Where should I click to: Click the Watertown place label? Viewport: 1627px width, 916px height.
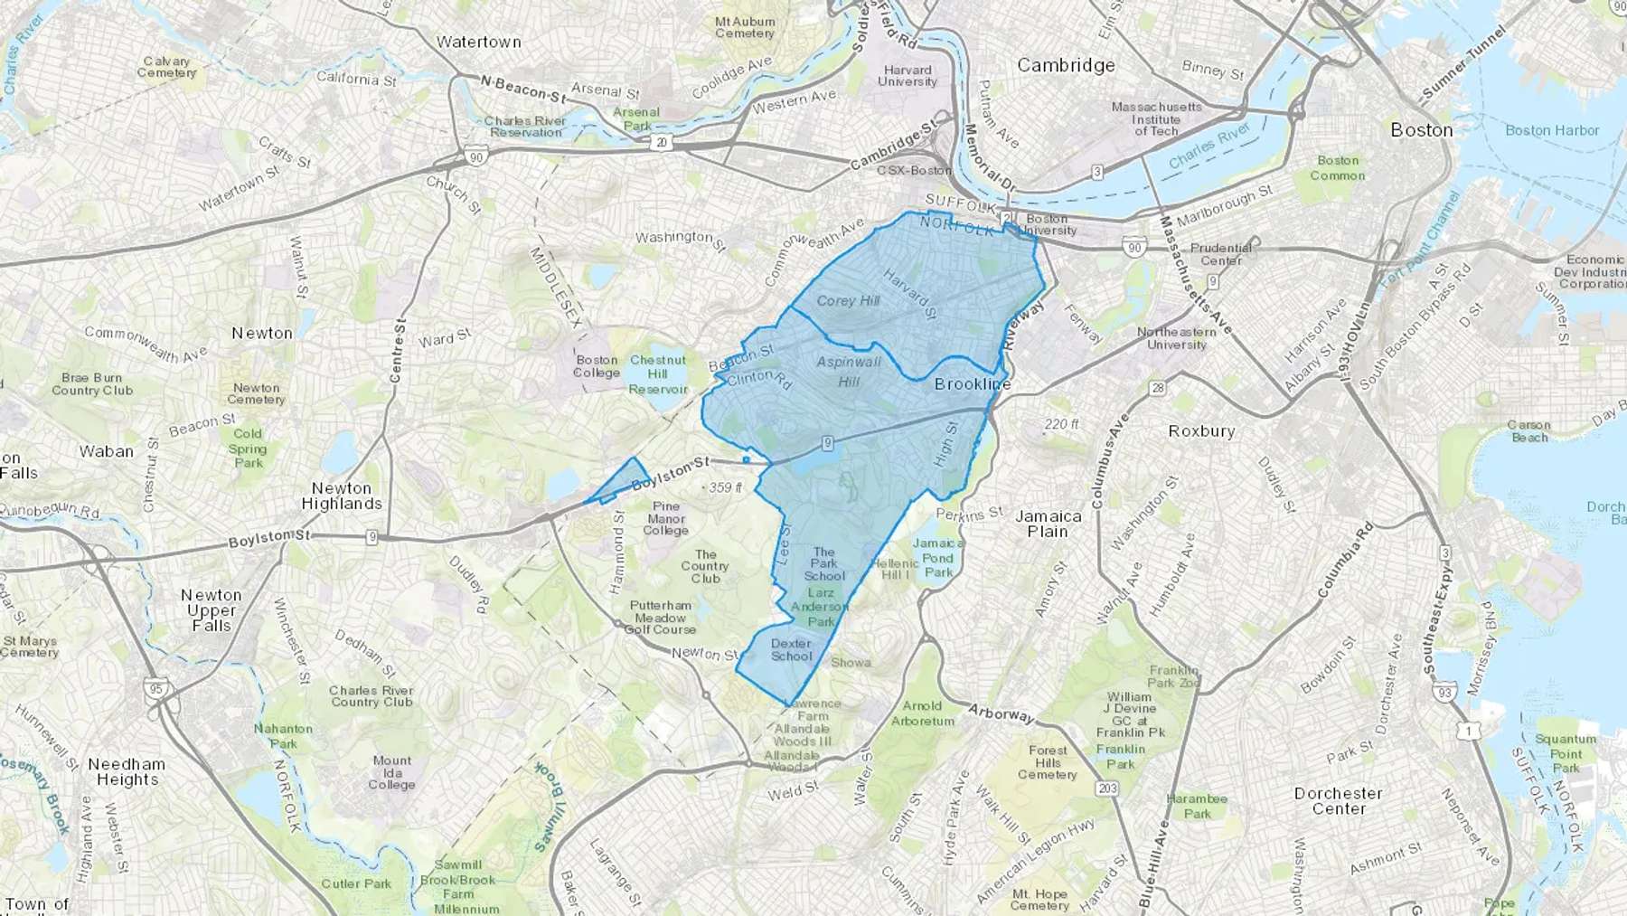coord(478,42)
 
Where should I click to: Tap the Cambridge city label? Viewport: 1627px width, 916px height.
coord(1066,65)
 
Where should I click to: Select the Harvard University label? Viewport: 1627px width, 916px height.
coord(908,76)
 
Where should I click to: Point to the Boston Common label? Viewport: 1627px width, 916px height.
coord(1338,168)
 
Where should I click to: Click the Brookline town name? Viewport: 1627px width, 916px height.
coord(973,384)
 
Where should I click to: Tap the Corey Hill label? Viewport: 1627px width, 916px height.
coord(847,301)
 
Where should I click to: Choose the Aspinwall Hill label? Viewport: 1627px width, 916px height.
coord(848,372)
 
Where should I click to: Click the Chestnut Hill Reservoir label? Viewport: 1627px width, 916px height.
coord(658,374)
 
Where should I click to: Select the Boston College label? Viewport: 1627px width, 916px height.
coord(597,366)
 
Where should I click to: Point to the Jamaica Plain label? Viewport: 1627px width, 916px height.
coord(1048,524)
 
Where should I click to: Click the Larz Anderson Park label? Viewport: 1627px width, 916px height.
coord(821,608)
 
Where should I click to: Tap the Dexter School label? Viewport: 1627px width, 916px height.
coord(791,650)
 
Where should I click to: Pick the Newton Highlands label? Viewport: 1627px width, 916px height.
coord(342,496)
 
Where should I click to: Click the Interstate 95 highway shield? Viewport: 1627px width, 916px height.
coord(156,689)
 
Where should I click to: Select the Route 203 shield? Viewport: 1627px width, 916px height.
coord(1107,789)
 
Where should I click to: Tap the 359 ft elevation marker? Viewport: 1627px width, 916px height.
coord(725,487)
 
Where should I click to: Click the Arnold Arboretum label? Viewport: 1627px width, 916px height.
coord(922,713)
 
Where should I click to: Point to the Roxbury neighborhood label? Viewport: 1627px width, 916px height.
coord(1201,431)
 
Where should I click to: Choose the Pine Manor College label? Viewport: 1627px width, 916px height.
coord(666,519)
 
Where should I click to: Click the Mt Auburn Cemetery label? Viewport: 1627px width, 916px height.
coord(745,27)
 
